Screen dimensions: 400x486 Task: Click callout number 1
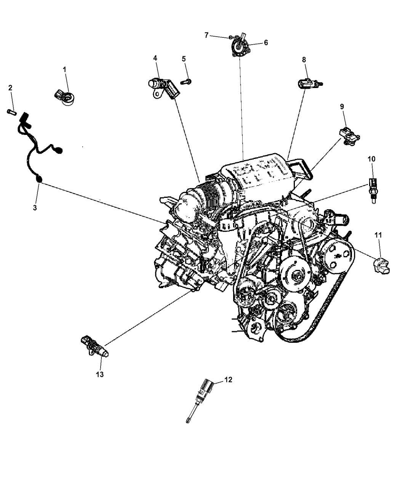(x=64, y=70)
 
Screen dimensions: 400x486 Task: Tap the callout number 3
(x=35, y=208)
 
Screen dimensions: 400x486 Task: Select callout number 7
(x=206, y=35)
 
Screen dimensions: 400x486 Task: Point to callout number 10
(x=371, y=159)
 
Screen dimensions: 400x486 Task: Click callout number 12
(x=228, y=380)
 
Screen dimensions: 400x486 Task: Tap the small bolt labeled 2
(x=11, y=112)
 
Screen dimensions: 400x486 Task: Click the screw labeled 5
(x=186, y=82)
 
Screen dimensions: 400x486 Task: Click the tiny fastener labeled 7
(x=230, y=37)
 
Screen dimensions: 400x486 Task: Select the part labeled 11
(x=381, y=265)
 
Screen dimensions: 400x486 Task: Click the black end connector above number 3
(x=39, y=179)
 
